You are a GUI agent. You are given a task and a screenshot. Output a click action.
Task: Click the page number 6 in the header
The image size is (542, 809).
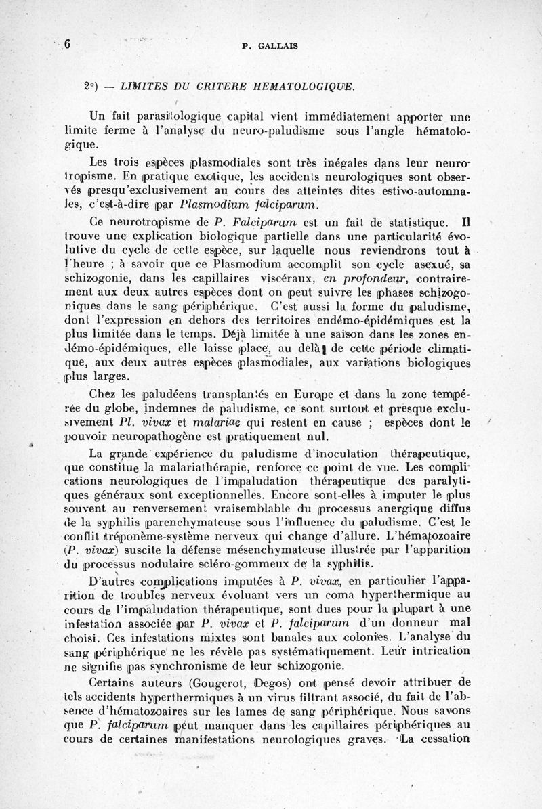pyautogui.click(x=68, y=45)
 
